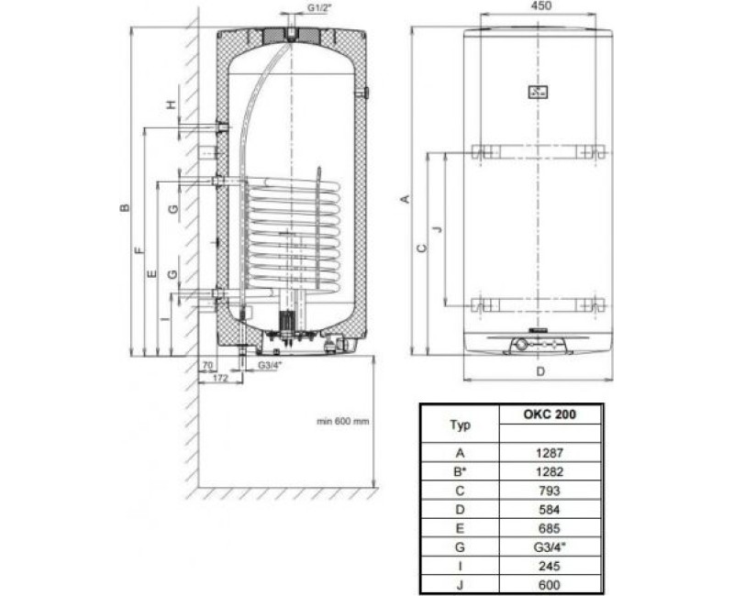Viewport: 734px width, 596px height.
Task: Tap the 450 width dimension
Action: click(539, 9)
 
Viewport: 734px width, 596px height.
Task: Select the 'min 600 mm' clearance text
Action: click(343, 421)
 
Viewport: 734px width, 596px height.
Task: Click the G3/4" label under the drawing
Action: click(270, 366)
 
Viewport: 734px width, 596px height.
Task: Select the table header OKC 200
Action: click(550, 413)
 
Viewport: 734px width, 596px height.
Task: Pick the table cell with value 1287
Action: click(550, 452)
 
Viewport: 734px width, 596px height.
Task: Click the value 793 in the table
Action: click(550, 491)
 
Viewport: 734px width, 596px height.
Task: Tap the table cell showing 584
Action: click(550, 510)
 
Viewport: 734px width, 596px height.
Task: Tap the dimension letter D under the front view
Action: click(539, 371)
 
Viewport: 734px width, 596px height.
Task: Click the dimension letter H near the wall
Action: click(171, 105)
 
